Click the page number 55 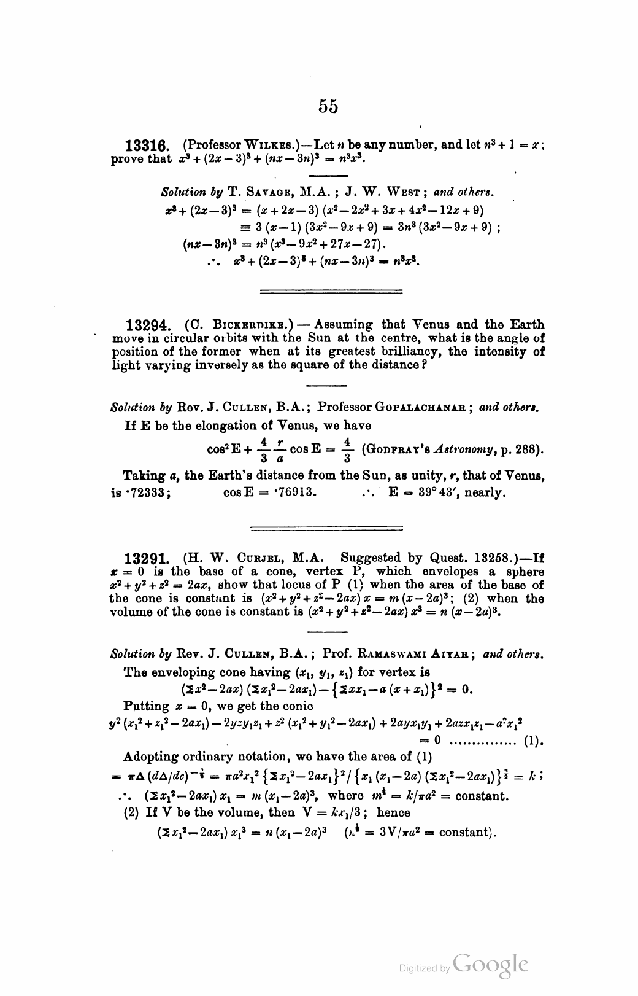coord(328,106)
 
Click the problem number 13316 coord(147,147)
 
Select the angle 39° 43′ coord(437,492)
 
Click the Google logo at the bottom coord(490,965)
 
